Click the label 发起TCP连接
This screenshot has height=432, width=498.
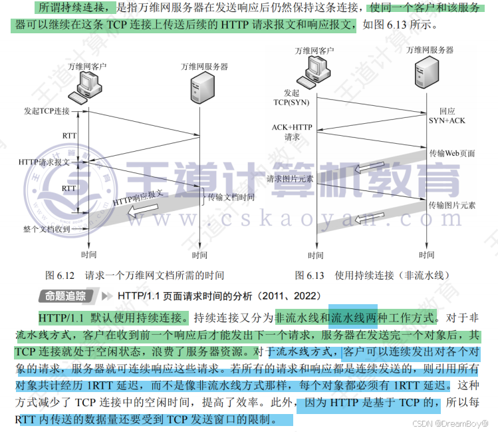(x=47, y=110)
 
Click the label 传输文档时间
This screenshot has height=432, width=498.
(x=231, y=198)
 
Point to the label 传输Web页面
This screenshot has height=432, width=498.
(x=452, y=153)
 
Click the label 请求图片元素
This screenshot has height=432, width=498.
(x=290, y=179)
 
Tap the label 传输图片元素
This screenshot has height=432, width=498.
(x=452, y=205)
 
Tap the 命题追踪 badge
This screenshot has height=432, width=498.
(x=65, y=296)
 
